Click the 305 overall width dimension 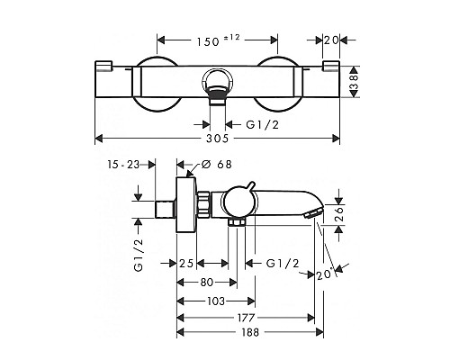[218, 139]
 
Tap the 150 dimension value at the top [208, 41]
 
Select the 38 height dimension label [354, 82]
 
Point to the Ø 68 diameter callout [217, 165]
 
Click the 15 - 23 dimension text [123, 165]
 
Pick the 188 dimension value [250, 332]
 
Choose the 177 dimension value [246, 318]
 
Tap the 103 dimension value [216, 301]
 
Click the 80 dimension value [207, 283]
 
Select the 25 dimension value [186, 264]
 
